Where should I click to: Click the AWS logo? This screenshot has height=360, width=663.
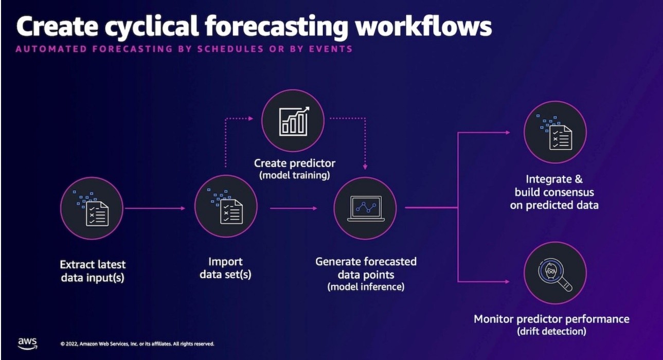[x=27, y=343]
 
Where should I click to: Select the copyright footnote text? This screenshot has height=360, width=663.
[x=137, y=344]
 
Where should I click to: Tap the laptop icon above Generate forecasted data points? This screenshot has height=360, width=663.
[x=365, y=208]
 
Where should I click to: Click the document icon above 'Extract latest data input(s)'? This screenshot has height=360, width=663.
[x=92, y=208]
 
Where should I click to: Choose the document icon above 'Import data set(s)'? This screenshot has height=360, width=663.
[x=226, y=208]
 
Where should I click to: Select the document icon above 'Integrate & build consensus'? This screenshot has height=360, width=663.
[x=555, y=132]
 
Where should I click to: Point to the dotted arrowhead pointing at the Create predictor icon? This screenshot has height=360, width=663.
[x=250, y=118]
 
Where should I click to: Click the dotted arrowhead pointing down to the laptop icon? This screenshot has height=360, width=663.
[x=365, y=167]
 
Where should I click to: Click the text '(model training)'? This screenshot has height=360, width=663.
[x=294, y=175]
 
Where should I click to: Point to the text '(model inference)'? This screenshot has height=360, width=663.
[x=366, y=286]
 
